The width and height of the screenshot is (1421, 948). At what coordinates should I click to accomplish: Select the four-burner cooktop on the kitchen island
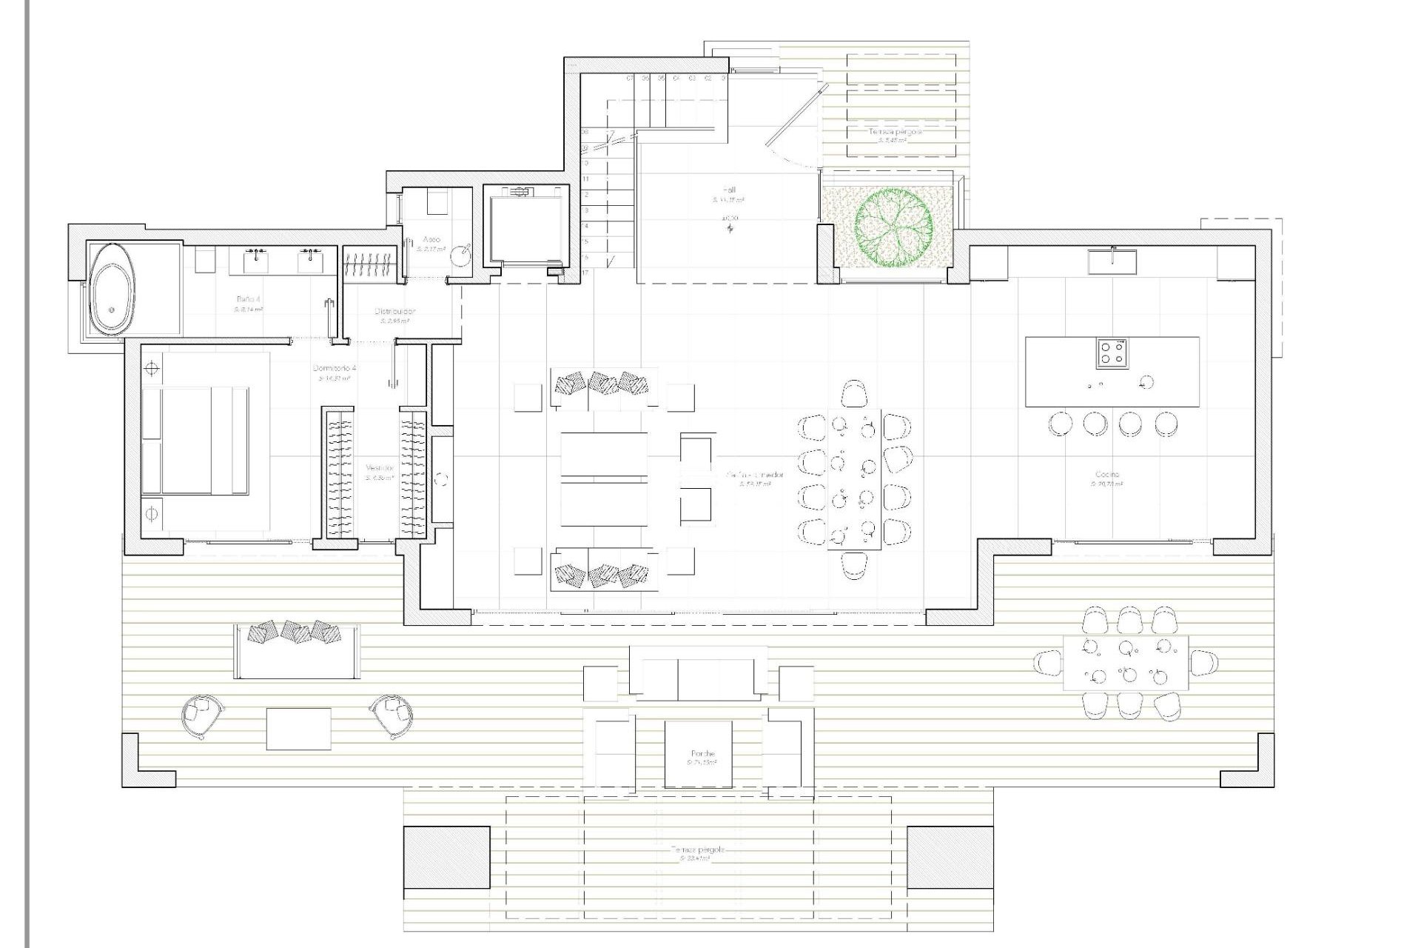click(1112, 353)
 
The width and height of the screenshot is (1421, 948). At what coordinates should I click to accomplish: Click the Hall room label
click(729, 190)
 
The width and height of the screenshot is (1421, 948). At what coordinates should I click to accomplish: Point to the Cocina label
click(1107, 474)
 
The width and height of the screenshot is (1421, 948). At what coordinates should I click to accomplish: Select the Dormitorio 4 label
click(335, 368)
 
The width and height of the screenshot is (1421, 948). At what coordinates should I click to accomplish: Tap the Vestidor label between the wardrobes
click(380, 468)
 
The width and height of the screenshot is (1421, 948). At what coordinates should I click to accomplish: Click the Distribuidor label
click(394, 312)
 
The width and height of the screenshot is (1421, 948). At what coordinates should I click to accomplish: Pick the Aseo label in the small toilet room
click(431, 239)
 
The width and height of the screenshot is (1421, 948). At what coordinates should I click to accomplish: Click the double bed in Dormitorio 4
click(195, 439)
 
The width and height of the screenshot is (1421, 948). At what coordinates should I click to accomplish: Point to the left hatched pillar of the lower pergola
click(446, 857)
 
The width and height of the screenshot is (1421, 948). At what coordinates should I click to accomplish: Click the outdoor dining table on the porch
click(1126, 663)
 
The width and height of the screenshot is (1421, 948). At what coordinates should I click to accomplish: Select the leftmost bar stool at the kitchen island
click(1060, 424)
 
